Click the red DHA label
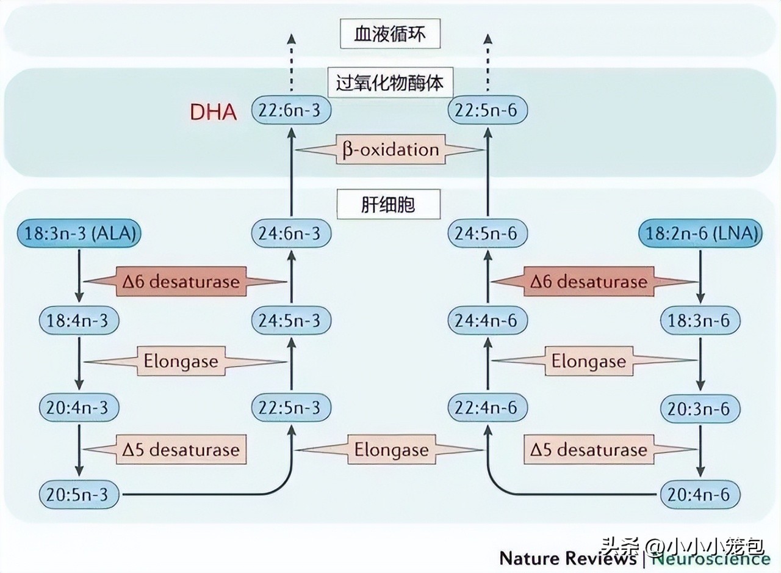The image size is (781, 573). [x=213, y=112]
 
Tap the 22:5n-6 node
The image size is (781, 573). [x=487, y=112]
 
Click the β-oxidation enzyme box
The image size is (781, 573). [x=390, y=150]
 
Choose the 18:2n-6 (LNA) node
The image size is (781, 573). [x=700, y=233]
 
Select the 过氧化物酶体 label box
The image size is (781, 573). [x=390, y=82]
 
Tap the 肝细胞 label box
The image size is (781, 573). [x=388, y=204]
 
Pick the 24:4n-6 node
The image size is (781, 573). [x=487, y=320]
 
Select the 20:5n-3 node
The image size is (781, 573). [x=78, y=494]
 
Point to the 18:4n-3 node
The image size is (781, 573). [x=78, y=320]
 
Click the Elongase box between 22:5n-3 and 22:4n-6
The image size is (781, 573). [x=390, y=450]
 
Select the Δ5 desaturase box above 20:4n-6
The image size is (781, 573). [x=588, y=450]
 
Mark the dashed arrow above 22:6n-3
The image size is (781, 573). [x=291, y=64]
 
